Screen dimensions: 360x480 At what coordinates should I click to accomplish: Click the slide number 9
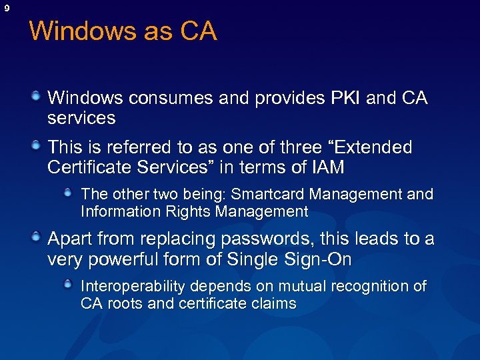point(7,8)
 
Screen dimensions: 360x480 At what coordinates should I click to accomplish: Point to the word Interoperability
point(133,286)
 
